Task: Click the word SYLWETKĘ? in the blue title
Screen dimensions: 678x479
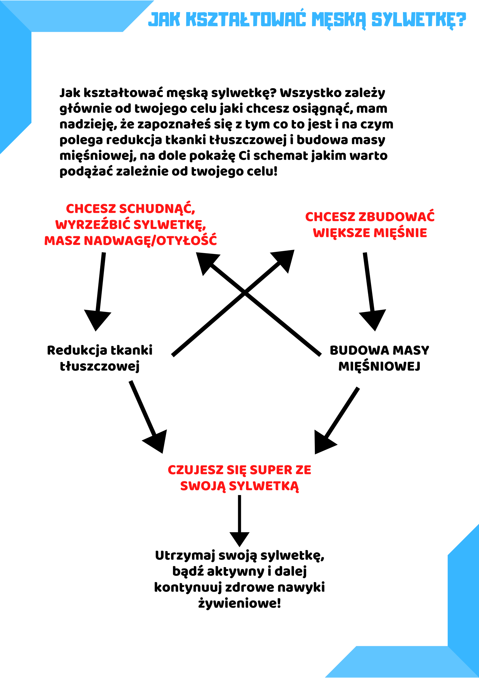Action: pos(419,20)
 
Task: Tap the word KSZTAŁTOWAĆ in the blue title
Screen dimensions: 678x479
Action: pos(245,20)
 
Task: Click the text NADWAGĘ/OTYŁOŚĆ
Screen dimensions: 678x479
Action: pos(150,241)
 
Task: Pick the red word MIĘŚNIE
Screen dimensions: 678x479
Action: pos(400,233)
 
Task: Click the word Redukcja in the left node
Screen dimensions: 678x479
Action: pos(77,350)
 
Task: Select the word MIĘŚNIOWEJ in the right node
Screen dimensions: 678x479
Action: pos(379,366)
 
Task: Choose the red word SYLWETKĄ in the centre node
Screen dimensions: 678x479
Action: pos(264,486)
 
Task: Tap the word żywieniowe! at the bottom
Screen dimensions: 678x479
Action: pos(240,603)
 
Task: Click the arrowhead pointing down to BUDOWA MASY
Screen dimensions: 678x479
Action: pos(373,320)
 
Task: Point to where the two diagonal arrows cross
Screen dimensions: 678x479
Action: pos(245,292)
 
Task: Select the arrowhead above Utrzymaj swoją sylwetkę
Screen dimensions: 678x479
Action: pos(239,538)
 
